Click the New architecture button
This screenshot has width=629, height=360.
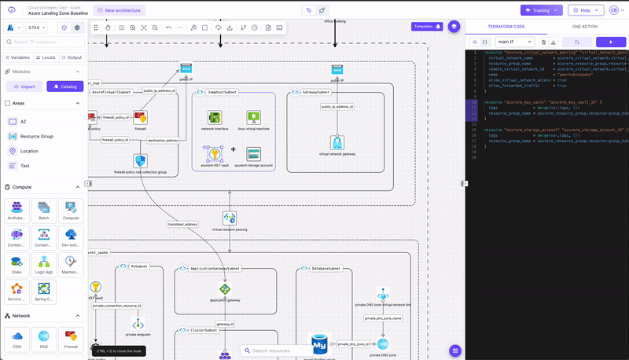pyautogui.click(x=119, y=10)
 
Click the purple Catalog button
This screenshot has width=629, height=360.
pyautogui.click(x=64, y=86)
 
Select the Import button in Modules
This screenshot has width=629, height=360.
pyautogui.click(x=24, y=86)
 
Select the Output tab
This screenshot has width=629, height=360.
pyautogui.click(x=72, y=57)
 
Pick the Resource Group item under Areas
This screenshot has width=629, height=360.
pyautogui.click(x=36, y=136)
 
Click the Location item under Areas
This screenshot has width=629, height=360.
pyautogui.click(x=29, y=151)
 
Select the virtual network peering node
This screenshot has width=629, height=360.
pyautogui.click(x=229, y=218)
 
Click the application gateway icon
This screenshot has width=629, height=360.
pyautogui.click(x=225, y=289)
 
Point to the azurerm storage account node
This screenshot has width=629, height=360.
pyautogui.click(x=254, y=154)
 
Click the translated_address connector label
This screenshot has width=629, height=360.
pyautogui.click(x=182, y=224)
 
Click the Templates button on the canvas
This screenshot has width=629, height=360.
pyautogui.click(x=427, y=26)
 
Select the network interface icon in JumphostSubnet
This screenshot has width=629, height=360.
pyautogui.click(x=214, y=117)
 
